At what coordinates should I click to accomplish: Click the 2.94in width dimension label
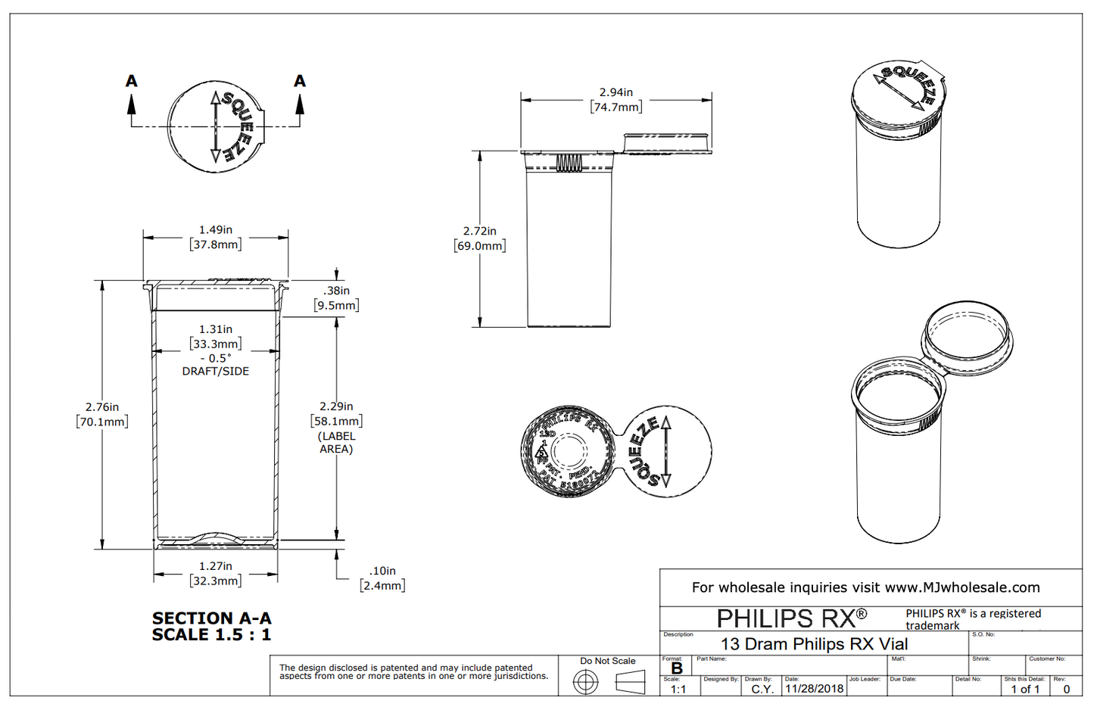coord(616,92)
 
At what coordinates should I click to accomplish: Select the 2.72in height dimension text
coord(479,231)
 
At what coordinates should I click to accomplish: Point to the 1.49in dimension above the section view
coord(216,229)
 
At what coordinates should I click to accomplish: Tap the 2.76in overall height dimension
coord(101,407)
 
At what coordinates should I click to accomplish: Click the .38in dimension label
coord(336,291)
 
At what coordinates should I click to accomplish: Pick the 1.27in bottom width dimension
coord(216,566)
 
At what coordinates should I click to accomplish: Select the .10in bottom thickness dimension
coord(382,571)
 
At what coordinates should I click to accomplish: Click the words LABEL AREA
coord(336,443)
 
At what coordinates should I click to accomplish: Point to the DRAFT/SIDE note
coord(216,372)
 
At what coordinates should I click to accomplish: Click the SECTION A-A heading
coord(211,618)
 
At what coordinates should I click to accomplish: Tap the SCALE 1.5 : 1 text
coord(211,635)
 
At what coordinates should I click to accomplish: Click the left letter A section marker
coord(132,81)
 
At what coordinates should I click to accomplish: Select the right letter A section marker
coord(300,81)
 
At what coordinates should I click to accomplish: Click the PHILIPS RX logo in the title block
coord(791,618)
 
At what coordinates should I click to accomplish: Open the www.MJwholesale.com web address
coord(962,587)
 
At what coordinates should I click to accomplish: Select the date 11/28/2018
coord(814,689)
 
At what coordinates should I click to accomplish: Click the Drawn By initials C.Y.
coord(762,690)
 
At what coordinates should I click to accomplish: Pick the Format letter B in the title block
coord(677,669)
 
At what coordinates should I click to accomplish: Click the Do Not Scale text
coord(608,661)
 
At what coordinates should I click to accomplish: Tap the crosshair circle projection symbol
coord(585,683)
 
